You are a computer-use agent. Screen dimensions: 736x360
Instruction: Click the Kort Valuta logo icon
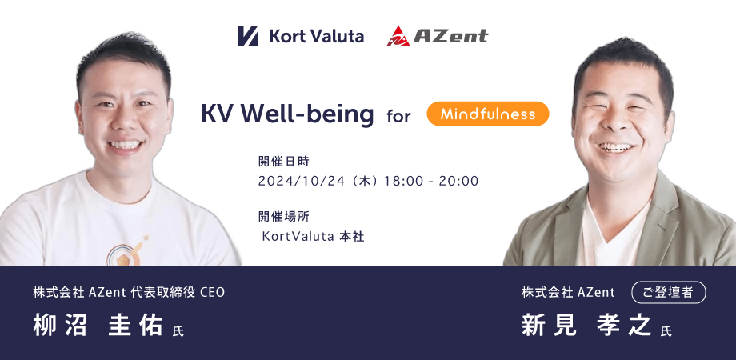247,36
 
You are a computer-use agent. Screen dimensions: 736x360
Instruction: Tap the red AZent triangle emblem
398,36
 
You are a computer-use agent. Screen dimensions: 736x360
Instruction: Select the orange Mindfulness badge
488,114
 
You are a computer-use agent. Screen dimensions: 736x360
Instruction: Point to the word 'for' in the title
398,115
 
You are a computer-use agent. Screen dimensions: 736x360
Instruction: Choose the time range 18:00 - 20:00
431,181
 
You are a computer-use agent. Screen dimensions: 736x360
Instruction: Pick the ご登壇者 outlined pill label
669,293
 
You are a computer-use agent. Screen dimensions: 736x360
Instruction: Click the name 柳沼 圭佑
98,325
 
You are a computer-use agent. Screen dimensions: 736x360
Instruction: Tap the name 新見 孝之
586,325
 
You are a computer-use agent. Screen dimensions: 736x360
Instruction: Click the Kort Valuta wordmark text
316,36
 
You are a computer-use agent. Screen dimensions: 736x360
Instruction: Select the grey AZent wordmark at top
450,36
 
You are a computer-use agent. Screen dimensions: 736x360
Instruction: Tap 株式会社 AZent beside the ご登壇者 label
568,293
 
